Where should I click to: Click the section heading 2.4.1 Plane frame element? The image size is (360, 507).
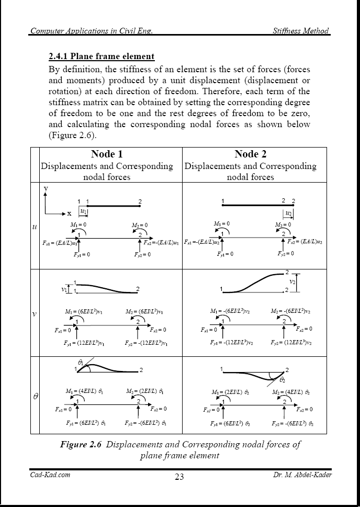click(101, 56)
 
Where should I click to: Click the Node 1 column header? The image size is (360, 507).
click(107, 154)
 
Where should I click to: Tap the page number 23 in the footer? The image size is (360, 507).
click(180, 477)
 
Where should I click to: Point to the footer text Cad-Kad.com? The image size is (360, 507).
click(50, 475)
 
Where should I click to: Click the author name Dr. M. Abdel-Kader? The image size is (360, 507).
click(302, 475)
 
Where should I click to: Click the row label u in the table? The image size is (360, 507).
click(35, 227)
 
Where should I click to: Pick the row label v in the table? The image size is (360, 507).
click(35, 314)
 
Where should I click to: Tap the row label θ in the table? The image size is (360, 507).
click(35, 397)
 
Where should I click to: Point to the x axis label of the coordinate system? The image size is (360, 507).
click(69, 213)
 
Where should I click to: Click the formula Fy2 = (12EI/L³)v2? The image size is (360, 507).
click(292, 343)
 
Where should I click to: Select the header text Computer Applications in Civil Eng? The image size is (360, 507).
click(91, 30)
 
